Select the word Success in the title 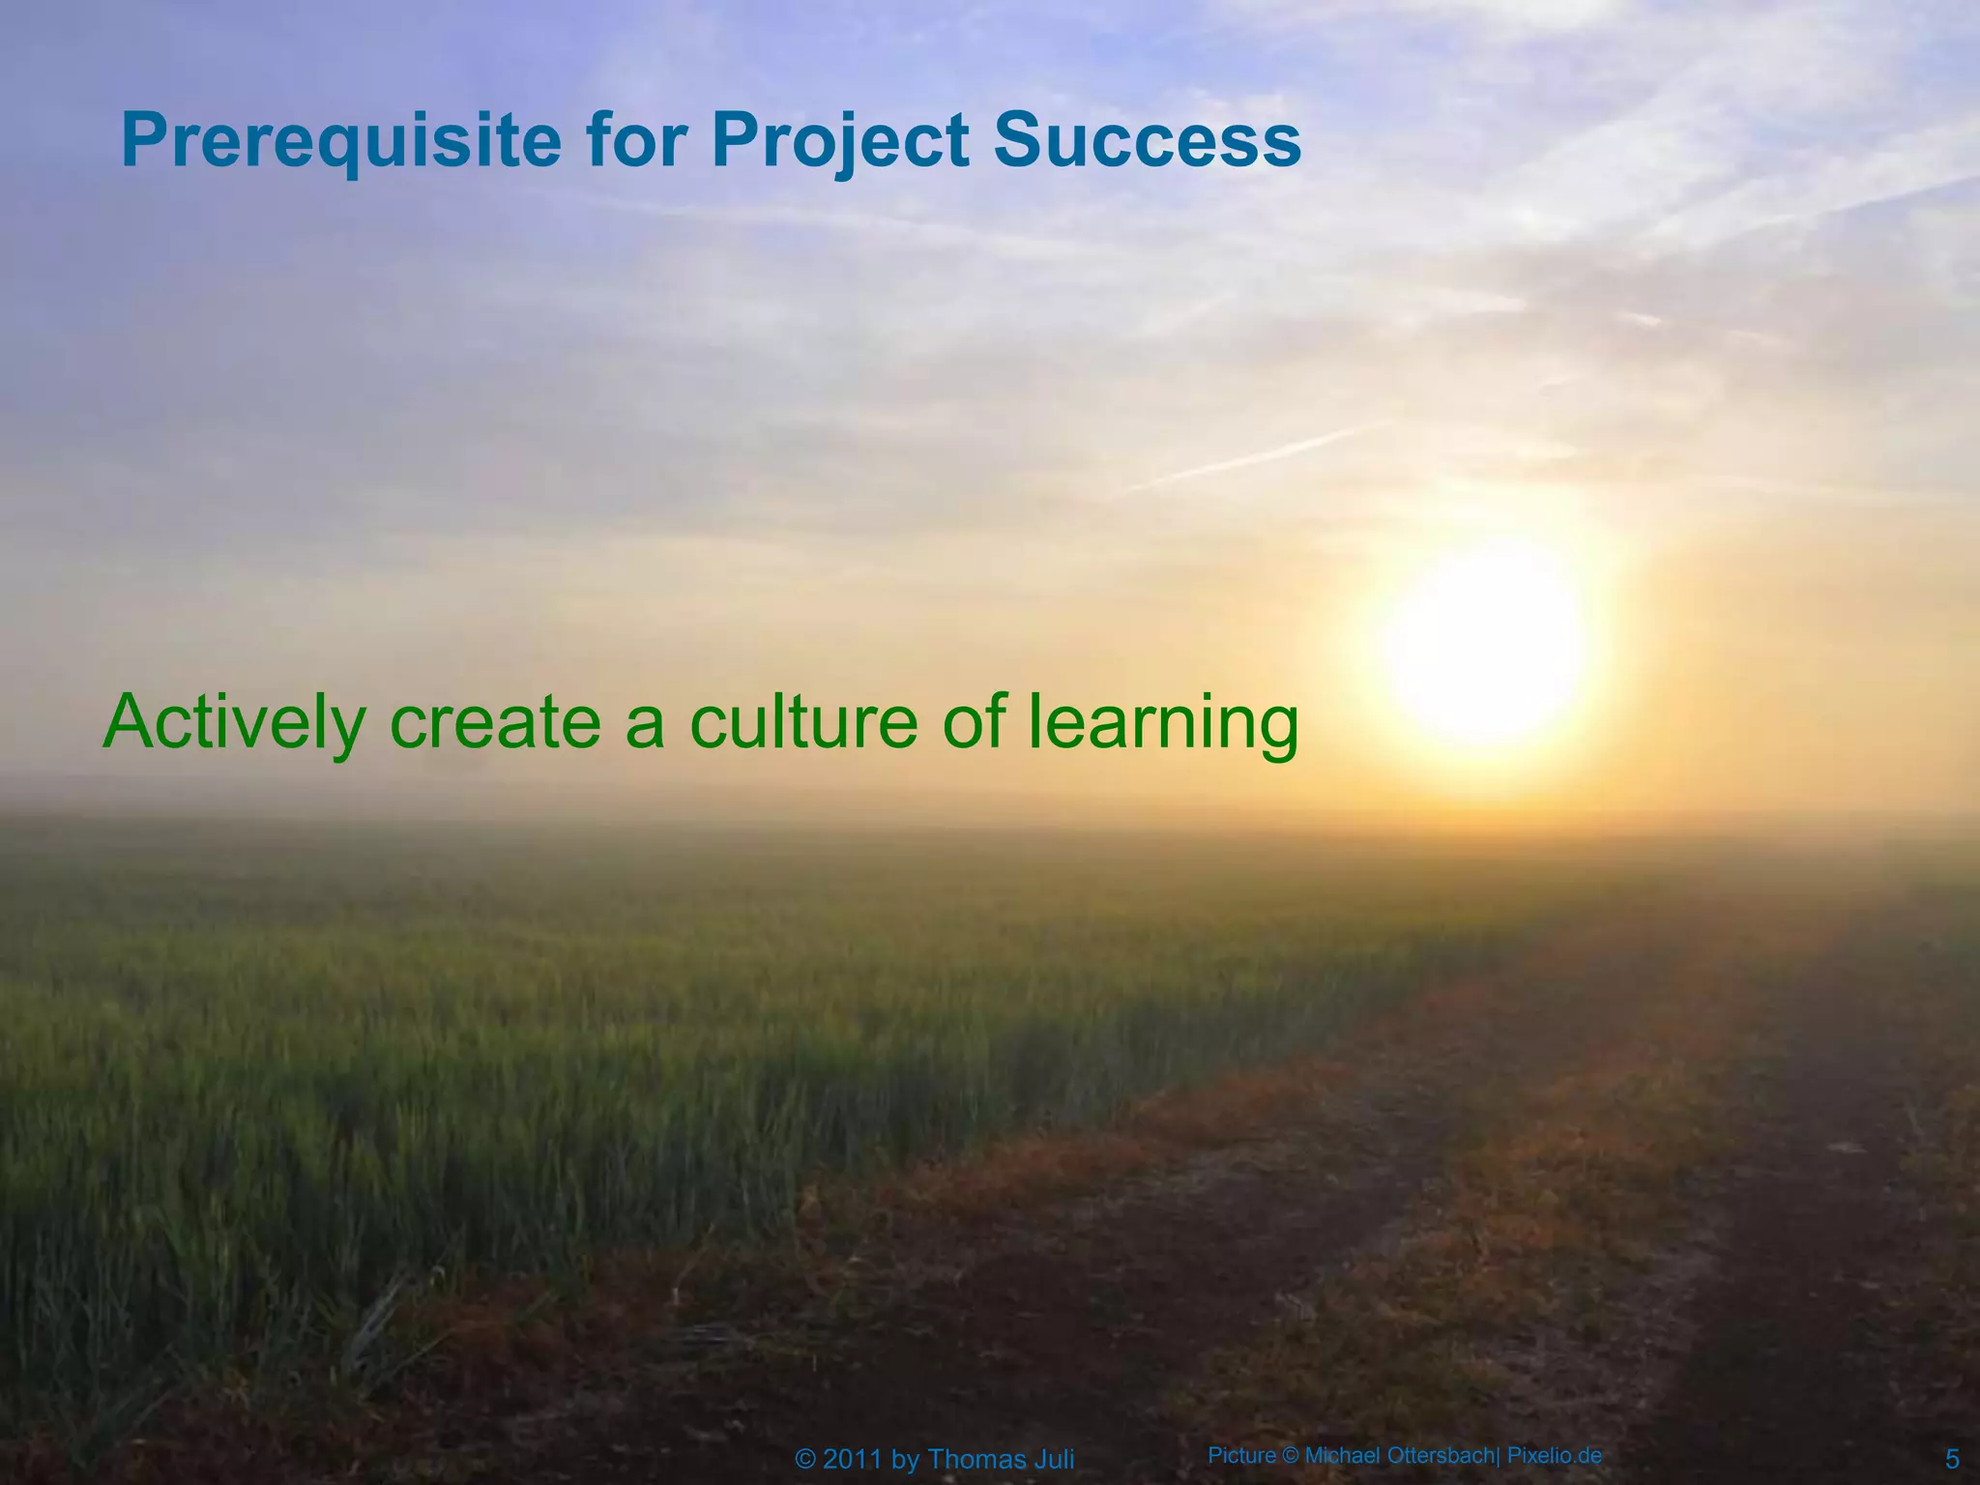(1147, 139)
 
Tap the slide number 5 (1952, 1459)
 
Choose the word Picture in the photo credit (1241, 1455)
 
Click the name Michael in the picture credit (1344, 1455)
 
